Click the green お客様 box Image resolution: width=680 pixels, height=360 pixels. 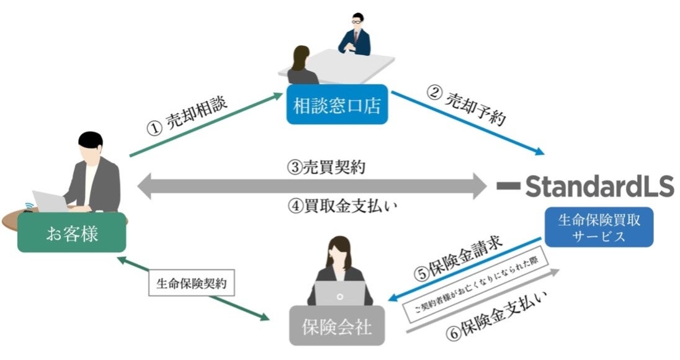click(x=72, y=233)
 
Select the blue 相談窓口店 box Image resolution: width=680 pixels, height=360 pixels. click(x=337, y=105)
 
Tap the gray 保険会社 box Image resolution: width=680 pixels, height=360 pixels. click(x=337, y=325)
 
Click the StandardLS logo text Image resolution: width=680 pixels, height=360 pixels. click(x=599, y=185)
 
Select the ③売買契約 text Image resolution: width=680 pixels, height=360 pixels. click(x=321, y=166)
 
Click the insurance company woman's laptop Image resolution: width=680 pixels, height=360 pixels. click(x=339, y=293)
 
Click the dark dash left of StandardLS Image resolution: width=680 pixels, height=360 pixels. click(x=508, y=185)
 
